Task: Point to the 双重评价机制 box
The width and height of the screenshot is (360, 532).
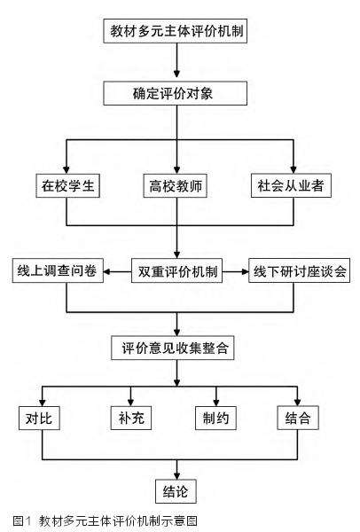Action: point(177,270)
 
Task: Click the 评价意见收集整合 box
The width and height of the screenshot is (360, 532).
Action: point(177,347)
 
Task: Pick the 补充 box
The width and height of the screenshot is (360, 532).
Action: point(131,415)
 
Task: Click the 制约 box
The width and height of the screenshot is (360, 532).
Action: point(215,415)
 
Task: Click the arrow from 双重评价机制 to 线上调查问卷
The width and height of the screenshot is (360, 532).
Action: point(115,270)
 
